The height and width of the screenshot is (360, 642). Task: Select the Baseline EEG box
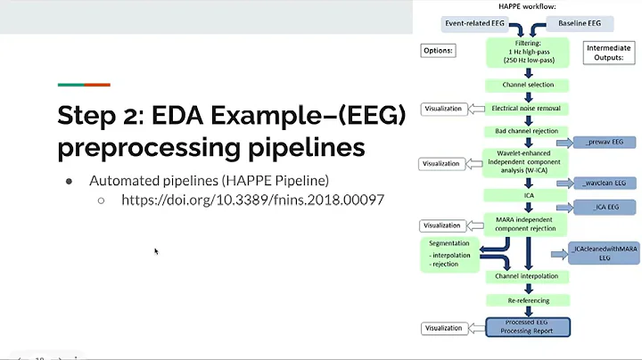coord(579,22)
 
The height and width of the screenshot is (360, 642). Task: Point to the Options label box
coord(439,51)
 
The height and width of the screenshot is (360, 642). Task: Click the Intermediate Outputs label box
coord(609,54)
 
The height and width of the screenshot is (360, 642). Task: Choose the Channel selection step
coord(521,85)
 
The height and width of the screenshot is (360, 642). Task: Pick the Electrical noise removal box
coord(526,109)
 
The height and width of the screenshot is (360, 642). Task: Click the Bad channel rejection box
coord(521,131)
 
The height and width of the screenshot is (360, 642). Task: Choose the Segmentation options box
coord(449,253)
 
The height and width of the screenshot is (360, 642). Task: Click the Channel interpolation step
coord(525,276)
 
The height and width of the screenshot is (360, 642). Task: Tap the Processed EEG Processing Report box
coord(526,326)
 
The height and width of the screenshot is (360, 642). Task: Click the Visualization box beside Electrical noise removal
coord(441,109)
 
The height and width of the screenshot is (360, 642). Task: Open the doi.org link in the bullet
coord(252,200)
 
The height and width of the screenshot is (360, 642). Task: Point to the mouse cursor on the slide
coord(156,251)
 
